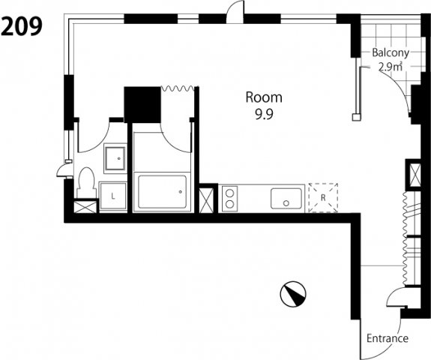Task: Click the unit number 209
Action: point(22,26)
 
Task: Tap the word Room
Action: point(264,97)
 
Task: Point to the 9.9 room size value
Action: point(264,115)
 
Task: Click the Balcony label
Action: point(391,52)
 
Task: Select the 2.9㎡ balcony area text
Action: point(391,67)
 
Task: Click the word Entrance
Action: point(388,338)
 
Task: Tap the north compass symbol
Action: point(293,294)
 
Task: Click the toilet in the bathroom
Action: point(85,182)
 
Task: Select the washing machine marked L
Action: point(112,196)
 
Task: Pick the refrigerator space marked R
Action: point(323,197)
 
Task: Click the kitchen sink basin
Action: point(286,199)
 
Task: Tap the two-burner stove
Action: point(229,199)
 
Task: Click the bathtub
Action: point(162,192)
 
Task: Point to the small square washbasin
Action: point(115,159)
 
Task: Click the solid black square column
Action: point(142,105)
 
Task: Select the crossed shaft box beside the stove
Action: point(206,200)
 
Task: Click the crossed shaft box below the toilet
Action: point(85,207)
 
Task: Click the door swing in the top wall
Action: point(235,12)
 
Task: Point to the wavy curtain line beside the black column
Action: point(178,88)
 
